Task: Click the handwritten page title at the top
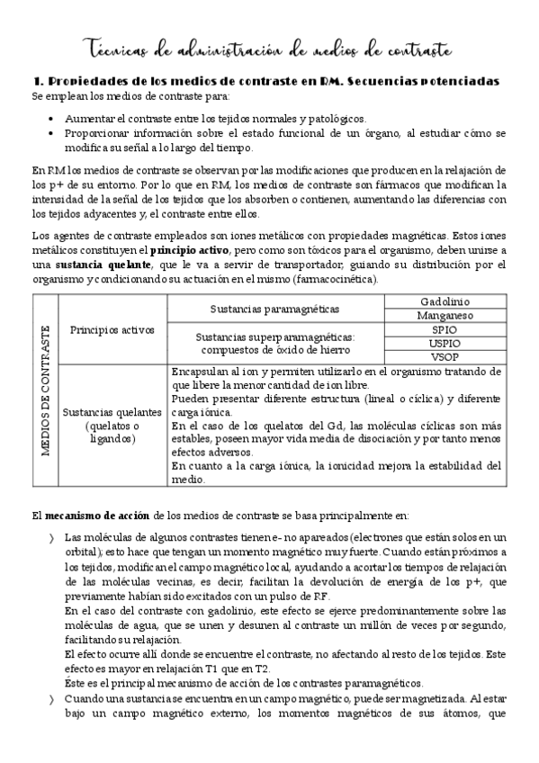click(x=269, y=48)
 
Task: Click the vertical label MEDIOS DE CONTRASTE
click(x=45, y=390)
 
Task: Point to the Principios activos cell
click(x=112, y=329)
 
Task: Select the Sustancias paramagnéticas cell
click(x=274, y=309)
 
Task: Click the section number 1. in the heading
click(x=38, y=81)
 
